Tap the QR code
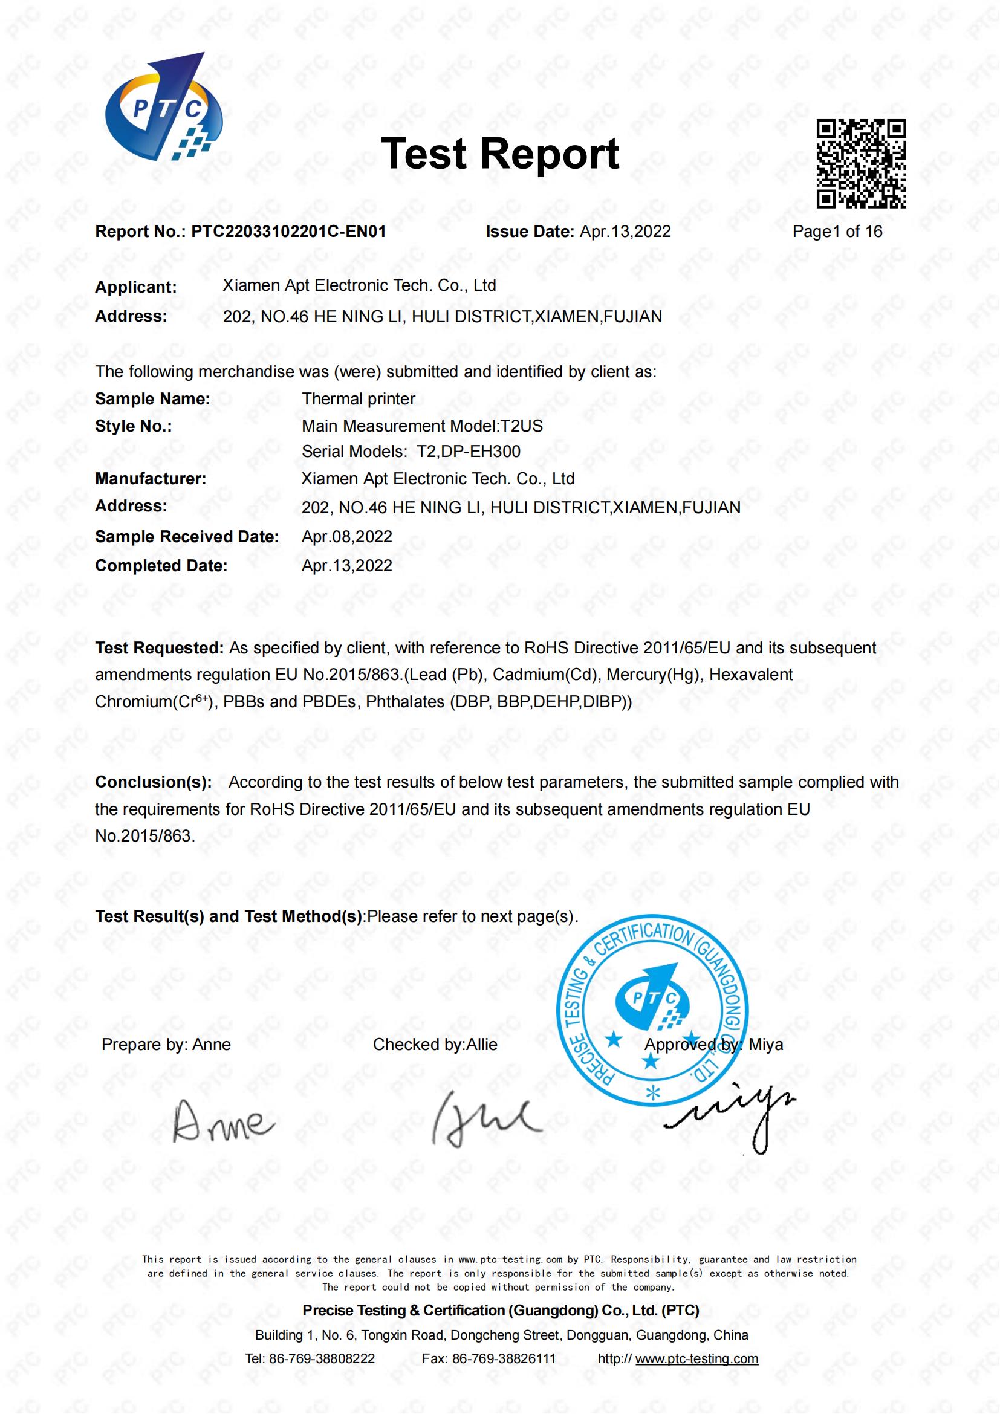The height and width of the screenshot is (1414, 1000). coord(861,164)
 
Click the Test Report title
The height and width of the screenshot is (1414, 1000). coord(499,154)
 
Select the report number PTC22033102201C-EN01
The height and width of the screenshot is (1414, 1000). coord(288,232)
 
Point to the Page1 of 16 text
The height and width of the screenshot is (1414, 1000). coord(837,232)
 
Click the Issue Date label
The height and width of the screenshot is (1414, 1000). coord(530,232)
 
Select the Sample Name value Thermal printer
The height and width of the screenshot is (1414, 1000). coord(359,399)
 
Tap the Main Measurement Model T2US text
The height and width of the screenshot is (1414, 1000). coord(422,426)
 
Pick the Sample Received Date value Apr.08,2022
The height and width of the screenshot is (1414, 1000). coord(346,537)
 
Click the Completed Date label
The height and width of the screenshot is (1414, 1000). coord(161,566)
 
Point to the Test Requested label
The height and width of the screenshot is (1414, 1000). coord(159,648)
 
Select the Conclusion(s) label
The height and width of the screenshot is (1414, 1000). coord(154,782)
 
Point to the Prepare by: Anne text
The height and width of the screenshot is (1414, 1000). coord(166,1045)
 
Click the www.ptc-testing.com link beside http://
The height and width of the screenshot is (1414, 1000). coord(696,1358)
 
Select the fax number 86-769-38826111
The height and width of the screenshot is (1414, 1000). coord(503,1358)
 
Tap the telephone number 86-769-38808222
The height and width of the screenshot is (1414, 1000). coord(322,1358)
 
